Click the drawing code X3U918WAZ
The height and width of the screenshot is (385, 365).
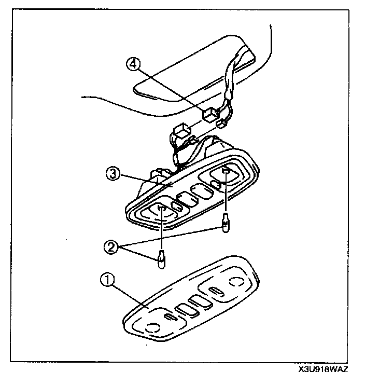point(322,370)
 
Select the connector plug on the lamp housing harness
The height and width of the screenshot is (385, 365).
point(181,130)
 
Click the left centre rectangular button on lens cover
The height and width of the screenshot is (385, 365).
point(184,310)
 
